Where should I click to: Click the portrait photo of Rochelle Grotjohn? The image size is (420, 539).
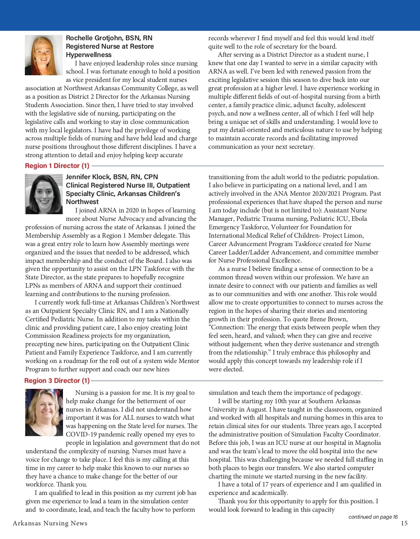[x=43, y=55]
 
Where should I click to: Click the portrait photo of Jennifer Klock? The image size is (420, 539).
[x=43, y=194]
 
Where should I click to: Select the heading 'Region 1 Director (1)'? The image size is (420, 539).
[x=57, y=166]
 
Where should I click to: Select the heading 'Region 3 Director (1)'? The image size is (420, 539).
[x=57, y=380]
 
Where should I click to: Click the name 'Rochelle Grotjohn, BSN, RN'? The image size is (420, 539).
[x=109, y=38]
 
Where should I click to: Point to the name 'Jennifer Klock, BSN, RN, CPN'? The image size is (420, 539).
[x=112, y=177]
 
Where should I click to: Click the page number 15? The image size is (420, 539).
[x=404, y=523]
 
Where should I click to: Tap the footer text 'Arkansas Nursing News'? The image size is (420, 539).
[x=50, y=523]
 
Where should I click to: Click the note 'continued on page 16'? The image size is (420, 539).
[x=373, y=517]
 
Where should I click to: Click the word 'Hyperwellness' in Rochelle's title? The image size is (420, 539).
[x=89, y=55]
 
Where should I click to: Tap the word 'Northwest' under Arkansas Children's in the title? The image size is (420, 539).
[x=82, y=202]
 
